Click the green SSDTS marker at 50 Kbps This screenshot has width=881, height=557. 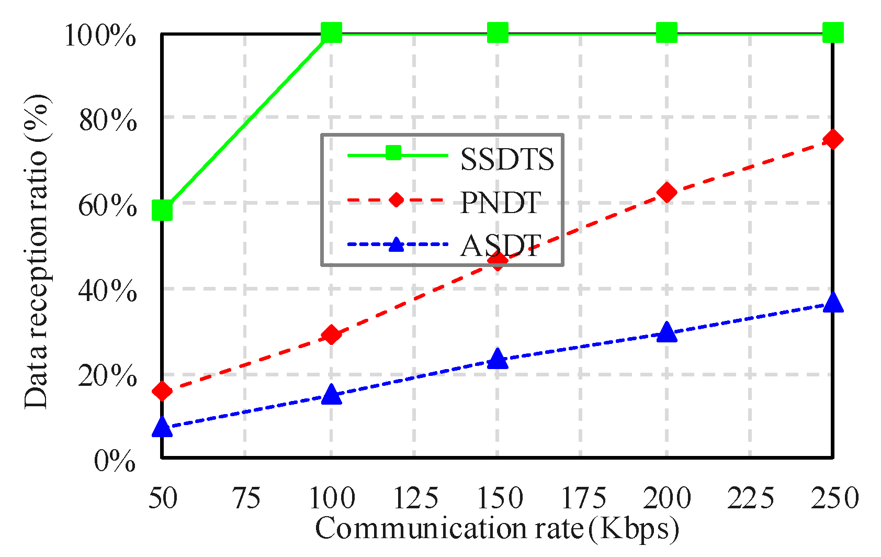(162, 210)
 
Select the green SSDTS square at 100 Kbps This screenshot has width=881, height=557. (331, 32)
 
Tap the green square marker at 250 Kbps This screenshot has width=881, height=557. (833, 32)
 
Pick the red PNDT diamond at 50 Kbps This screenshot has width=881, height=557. (162, 391)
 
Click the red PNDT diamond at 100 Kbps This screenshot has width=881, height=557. (331, 335)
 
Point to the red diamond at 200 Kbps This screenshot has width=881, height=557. (667, 192)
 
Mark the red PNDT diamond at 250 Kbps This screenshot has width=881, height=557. (833, 139)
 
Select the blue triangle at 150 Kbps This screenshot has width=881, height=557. (498, 359)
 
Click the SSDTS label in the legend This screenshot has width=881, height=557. (506, 159)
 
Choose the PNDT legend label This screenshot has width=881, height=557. (500, 203)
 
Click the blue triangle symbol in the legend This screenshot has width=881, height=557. (397, 244)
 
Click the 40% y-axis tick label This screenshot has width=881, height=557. (108, 291)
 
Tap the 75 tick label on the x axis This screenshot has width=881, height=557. (246, 498)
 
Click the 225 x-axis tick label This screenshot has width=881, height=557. (750, 498)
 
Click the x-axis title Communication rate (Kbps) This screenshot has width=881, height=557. (497, 529)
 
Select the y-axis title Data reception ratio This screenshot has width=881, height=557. (37, 251)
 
